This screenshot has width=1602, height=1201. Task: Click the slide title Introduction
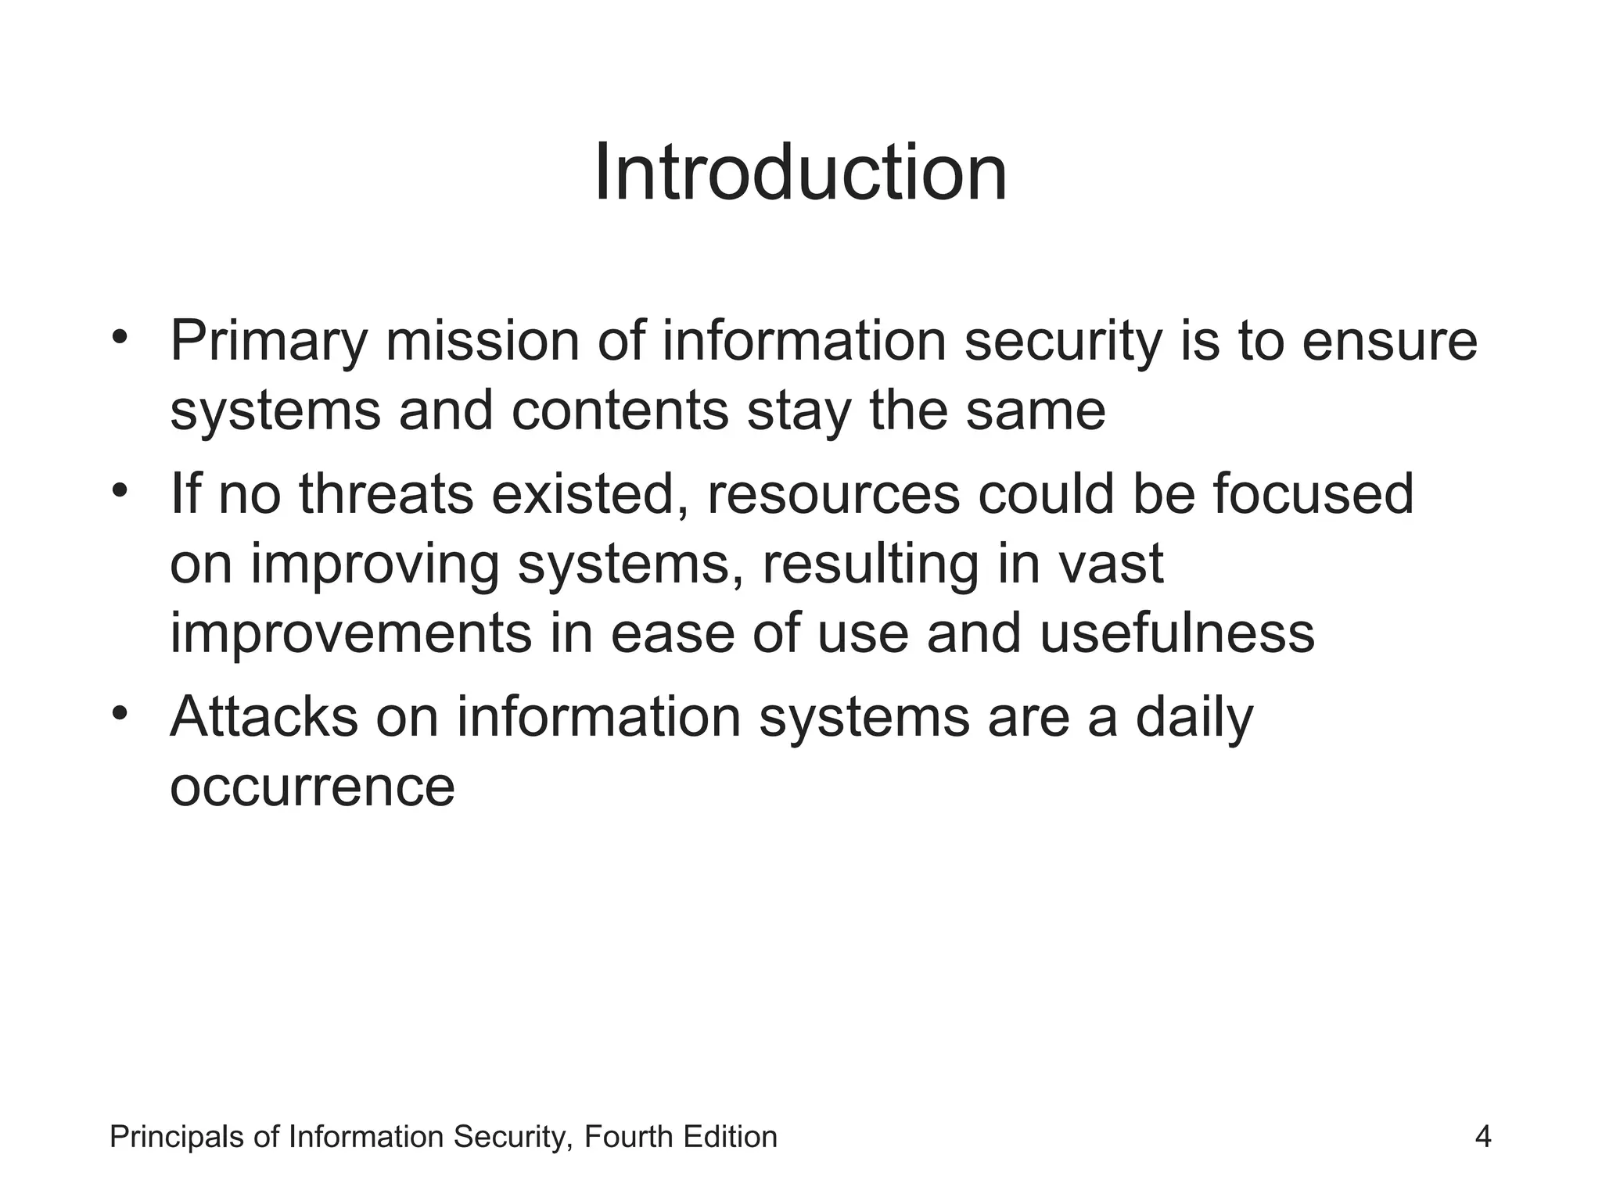click(800, 173)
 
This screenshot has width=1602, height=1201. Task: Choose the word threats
click(386, 494)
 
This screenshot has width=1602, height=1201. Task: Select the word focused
click(1313, 494)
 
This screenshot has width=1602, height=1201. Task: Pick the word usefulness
click(1176, 633)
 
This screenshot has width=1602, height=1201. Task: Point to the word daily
click(1194, 718)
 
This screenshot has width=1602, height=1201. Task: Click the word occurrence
click(312, 786)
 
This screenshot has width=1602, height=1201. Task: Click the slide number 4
click(1482, 1137)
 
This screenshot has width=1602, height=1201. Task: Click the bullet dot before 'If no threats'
click(119, 491)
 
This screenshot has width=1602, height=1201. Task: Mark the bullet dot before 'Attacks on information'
click(119, 713)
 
